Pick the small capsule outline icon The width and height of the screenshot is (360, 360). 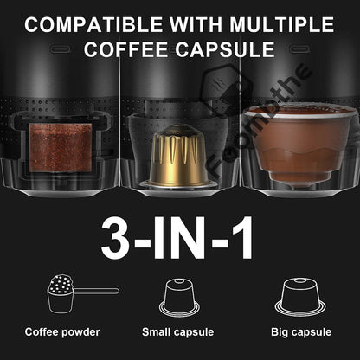click(179, 298)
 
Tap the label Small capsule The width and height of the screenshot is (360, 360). click(178, 331)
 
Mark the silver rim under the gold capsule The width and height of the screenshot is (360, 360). click(179, 183)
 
